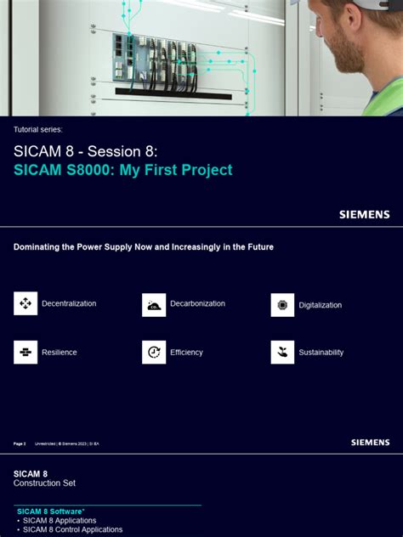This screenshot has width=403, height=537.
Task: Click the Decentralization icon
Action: [x=26, y=303]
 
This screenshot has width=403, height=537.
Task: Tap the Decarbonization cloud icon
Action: [x=154, y=304]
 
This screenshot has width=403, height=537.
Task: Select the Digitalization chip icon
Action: [x=282, y=305]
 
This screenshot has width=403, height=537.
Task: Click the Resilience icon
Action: [x=26, y=352]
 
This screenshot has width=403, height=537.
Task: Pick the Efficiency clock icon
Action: [x=154, y=352]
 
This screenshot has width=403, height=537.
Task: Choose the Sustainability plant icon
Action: [x=282, y=352]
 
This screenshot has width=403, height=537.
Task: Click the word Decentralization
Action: [x=69, y=303]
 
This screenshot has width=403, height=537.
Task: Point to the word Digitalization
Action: [x=320, y=305]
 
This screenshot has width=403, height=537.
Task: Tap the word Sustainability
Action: [x=321, y=352]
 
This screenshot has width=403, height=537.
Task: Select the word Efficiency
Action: [x=186, y=352]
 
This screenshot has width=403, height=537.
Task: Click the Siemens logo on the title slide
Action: [x=364, y=215]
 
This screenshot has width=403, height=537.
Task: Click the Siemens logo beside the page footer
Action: [x=370, y=443]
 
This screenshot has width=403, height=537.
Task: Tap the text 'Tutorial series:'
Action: [x=38, y=129]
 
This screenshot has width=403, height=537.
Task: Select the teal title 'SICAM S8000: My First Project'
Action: [x=122, y=170]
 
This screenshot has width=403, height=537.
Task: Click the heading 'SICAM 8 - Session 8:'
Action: [x=85, y=150]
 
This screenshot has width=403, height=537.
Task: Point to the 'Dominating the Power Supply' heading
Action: [x=143, y=247]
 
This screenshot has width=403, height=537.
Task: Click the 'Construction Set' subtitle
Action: [x=44, y=483]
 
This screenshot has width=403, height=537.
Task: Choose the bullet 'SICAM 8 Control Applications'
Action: [x=72, y=529]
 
